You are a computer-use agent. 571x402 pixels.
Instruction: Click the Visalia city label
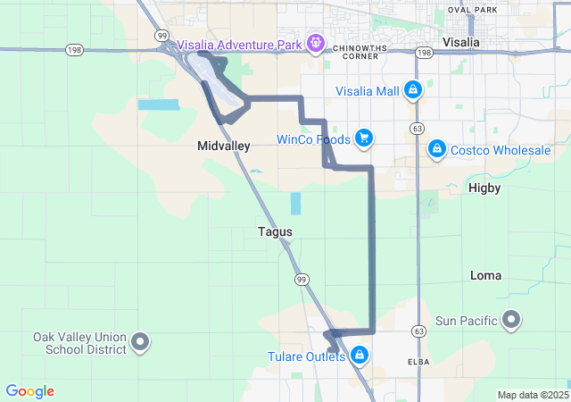click(461, 42)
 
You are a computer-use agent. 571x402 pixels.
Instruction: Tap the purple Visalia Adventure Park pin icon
click(315, 42)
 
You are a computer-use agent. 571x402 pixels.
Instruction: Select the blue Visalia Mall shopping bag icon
click(412, 90)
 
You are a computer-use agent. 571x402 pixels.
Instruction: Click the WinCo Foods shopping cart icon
click(363, 138)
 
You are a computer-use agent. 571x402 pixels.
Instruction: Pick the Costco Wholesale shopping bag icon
click(436, 149)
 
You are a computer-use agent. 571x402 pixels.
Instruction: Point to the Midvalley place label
click(223, 145)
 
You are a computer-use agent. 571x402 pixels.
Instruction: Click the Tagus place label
click(275, 231)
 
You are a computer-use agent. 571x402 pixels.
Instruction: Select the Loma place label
click(485, 275)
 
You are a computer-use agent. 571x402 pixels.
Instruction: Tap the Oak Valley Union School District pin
click(140, 340)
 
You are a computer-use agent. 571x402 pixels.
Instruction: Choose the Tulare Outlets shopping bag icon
click(360, 356)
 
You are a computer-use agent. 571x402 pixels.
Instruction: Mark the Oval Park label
click(473, 10)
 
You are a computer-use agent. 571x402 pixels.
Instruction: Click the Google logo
click(30, 391)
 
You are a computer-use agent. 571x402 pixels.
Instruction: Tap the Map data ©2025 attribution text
click(532, 395)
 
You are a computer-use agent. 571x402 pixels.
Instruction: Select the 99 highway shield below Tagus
click(302, 279)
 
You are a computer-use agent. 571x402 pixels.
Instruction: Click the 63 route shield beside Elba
click(417, 331)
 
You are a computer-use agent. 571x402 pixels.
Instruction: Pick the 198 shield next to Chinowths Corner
click(424, 54)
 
